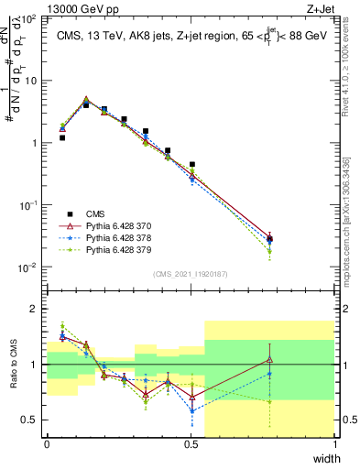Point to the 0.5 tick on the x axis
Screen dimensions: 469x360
191,442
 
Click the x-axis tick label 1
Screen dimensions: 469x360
336,442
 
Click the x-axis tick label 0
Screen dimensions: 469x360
47,442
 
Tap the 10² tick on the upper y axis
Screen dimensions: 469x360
29,18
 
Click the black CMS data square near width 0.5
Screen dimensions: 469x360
191,165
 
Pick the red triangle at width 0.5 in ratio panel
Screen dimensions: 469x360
191,398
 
